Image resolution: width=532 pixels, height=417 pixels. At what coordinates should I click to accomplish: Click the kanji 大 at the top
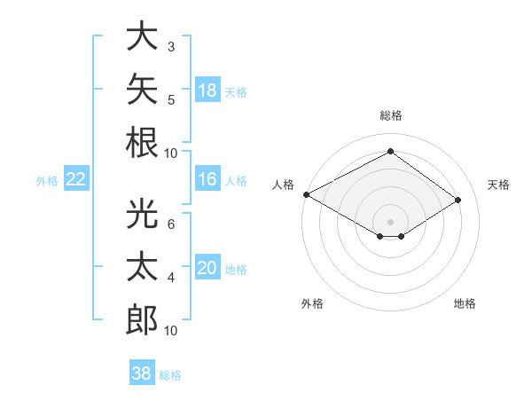142,35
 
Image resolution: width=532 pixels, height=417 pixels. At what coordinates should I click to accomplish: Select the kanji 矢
142,89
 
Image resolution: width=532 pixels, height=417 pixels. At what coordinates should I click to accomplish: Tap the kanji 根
142,142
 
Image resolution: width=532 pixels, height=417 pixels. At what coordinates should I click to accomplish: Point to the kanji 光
142,213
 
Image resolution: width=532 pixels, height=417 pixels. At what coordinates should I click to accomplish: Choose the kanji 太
142,266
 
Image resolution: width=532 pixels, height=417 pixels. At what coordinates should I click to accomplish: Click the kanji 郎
142,319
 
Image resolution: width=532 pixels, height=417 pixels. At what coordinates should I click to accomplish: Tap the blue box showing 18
207,90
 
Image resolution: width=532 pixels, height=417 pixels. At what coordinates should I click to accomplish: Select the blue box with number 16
207,178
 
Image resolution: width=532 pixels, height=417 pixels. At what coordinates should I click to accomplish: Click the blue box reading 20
207,266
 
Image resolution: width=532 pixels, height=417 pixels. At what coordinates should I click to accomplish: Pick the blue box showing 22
76,178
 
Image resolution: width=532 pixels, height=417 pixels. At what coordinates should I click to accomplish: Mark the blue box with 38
142,372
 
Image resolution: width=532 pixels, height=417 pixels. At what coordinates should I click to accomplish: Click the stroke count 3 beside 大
171,47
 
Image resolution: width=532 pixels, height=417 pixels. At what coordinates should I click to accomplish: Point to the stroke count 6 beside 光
171,224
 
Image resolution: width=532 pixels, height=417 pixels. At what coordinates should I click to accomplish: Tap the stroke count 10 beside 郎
170,330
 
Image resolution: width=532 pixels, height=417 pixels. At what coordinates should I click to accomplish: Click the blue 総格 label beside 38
170,375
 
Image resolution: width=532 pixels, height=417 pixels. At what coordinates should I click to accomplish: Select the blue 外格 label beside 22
47,181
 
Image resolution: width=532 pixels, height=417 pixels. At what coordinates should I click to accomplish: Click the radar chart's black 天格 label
498,185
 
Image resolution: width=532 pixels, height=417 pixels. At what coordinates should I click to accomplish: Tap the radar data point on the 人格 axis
307,194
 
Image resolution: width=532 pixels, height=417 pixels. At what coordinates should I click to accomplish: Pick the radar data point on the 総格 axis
390,151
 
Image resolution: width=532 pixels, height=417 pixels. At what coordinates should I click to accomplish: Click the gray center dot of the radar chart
390,222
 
